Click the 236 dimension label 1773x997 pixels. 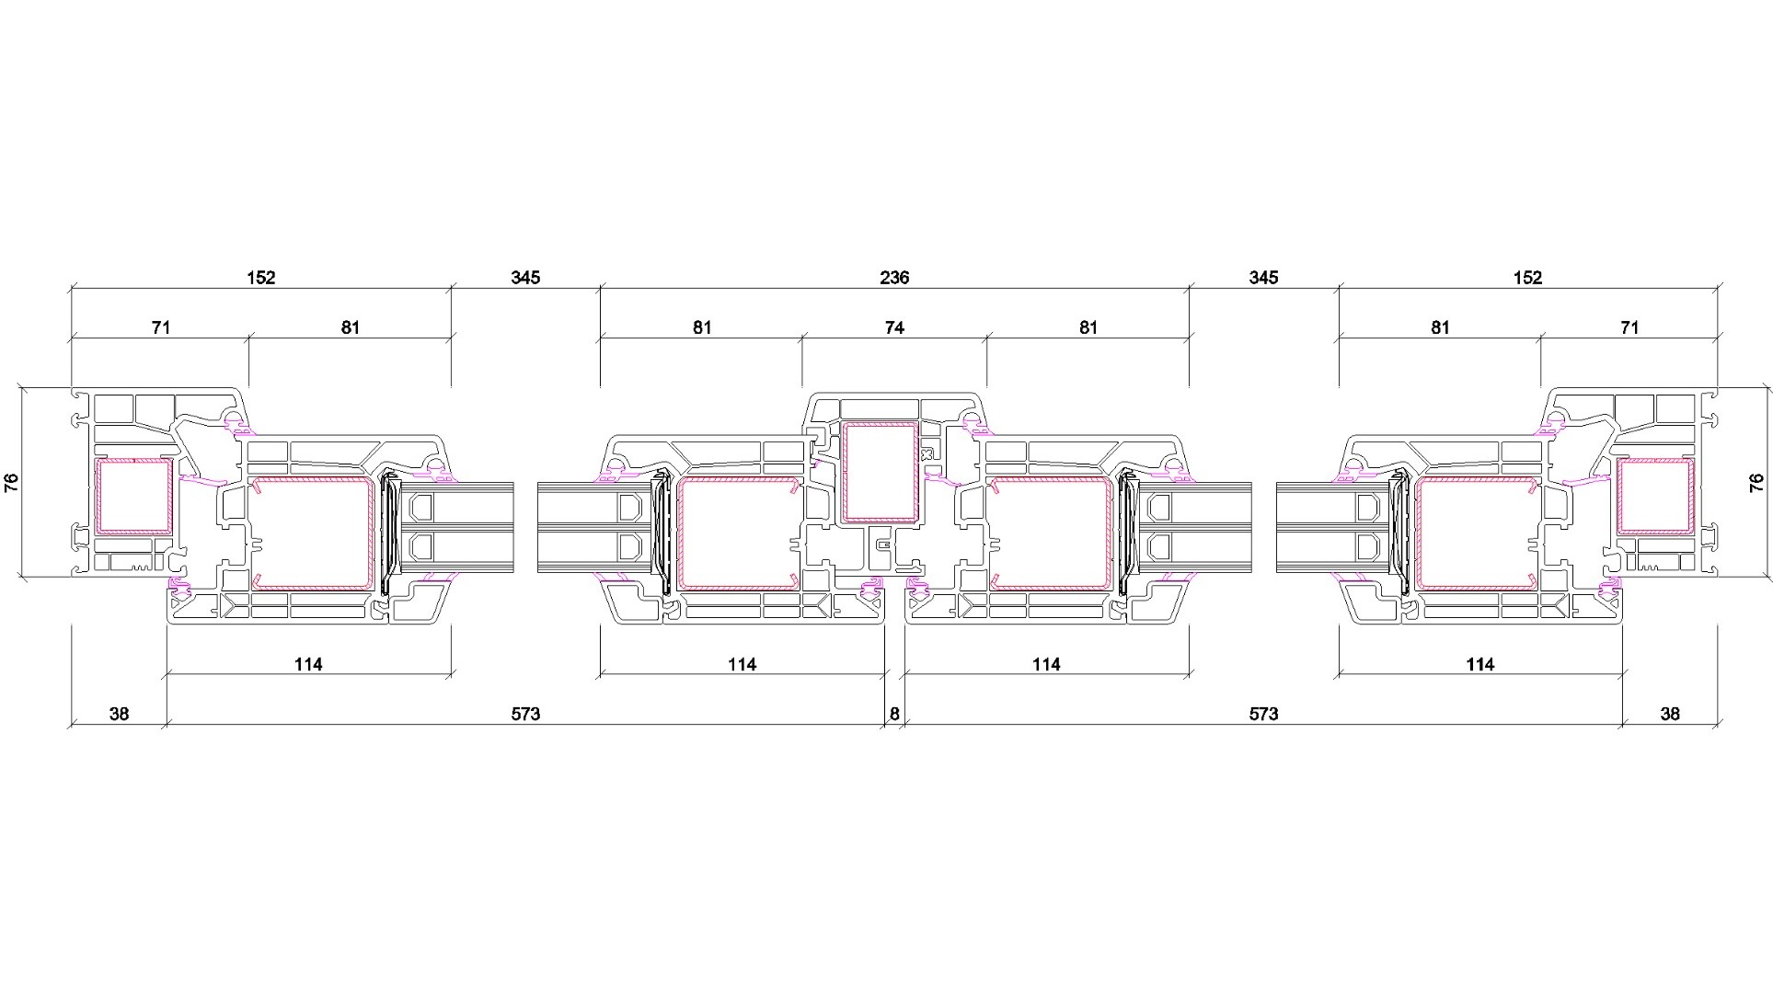[x=894, y=278]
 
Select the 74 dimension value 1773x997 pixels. [x=894, y=327]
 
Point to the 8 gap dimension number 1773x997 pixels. [x=894, y=714]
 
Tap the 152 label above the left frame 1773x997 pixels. [x=260, y=278]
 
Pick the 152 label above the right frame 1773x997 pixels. [x=1527, y=278]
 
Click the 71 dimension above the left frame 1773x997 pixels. [x=161, y=327]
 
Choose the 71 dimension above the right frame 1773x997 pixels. [x=1629, y=327]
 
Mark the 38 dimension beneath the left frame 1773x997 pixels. [x=119, y=714]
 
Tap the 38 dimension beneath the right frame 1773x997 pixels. [x=1670, y=714]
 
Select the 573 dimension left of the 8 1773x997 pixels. [x=525, y=714]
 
